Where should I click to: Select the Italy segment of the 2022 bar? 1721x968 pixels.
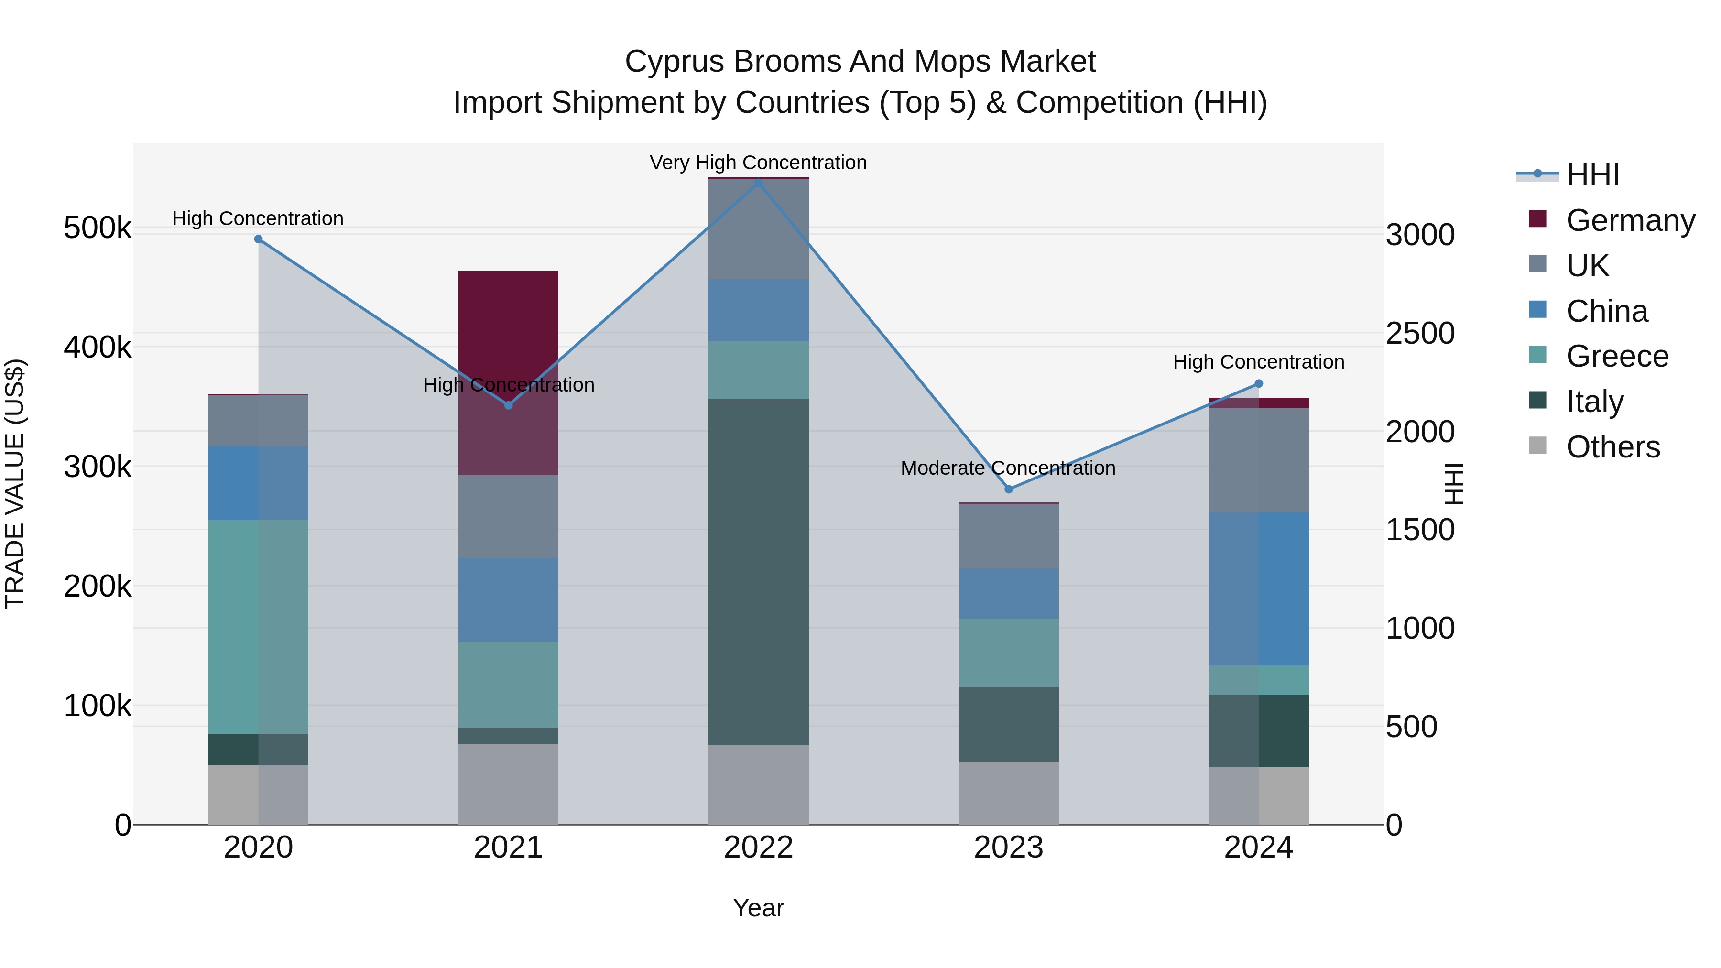coord(758,571)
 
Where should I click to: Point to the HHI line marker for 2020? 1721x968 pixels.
coord(259,239)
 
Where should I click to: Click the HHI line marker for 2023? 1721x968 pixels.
coord(1009,489)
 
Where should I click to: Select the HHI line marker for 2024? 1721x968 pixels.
coord(1259,383)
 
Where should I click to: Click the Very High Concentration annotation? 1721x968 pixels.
coord(758,163)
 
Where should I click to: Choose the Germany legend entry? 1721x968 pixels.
coord(1630,220)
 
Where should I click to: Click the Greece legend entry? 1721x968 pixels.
coord(1617,356)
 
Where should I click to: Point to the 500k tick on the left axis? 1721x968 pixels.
coord(98,228)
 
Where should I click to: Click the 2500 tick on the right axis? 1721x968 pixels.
coord(1420,333)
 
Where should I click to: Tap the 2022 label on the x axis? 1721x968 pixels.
coord(758,847)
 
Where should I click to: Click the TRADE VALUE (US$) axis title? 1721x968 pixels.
coord(15,484)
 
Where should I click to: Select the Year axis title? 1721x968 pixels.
coord(758,908)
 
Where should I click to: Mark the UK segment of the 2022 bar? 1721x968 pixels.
coord(758,229)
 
